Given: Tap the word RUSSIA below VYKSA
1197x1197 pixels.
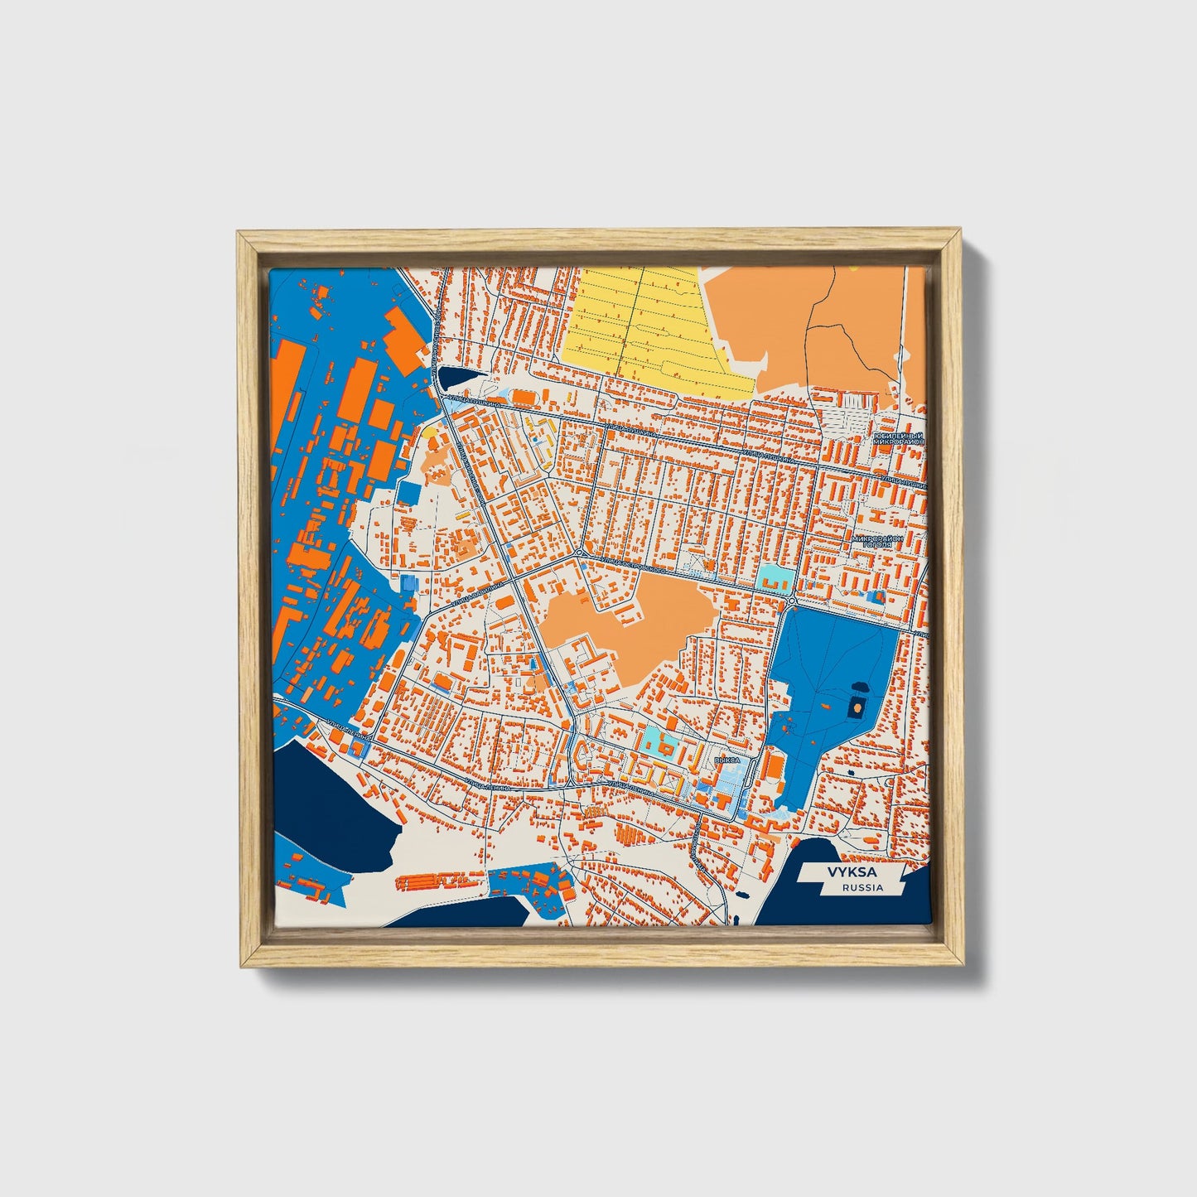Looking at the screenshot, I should click(x=862, y=887).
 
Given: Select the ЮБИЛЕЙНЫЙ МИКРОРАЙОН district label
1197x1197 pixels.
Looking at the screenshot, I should click(x=897, y=439).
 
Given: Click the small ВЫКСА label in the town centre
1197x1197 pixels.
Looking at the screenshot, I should click(x=726, y=759).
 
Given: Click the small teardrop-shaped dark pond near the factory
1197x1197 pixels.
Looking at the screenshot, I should click(x=453, y=378).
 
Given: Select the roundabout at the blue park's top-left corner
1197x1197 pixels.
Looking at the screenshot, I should click(x=793, y=601).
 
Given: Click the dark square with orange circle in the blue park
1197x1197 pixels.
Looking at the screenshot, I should click(x=856, y=707).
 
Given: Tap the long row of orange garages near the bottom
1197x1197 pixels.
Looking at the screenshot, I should click(x=439, y=881).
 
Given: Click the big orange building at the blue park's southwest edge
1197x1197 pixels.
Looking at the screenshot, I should click(x=772, y=766).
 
